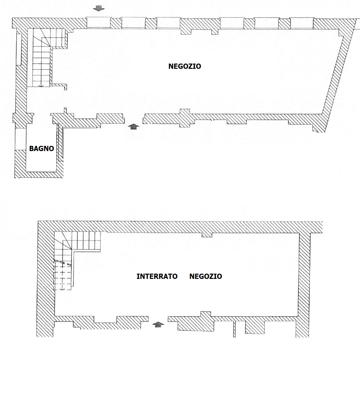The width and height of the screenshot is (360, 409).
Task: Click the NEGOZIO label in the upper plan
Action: click(185, 66)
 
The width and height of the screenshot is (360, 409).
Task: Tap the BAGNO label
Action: click(42, 148)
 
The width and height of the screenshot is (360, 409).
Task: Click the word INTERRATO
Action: click(157, 276)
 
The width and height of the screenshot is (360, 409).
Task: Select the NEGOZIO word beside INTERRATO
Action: click(206, 276)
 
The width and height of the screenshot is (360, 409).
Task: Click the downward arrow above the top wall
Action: click(99, 8)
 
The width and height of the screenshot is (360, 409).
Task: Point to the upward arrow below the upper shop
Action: click(133, 127)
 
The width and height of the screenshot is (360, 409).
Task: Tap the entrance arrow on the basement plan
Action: click(158, 324)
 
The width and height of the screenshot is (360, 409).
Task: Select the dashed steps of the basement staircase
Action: click(63, 275)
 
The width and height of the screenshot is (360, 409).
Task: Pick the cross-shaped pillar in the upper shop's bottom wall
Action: click(185, 118)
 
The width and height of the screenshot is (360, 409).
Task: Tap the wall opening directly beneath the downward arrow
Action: click(99, 23)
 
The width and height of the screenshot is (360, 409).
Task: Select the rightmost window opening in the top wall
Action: click(301, 23)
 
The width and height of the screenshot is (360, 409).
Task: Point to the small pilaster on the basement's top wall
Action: click(207, 235)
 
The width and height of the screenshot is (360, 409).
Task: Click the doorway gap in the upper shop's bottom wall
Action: click(134, 119)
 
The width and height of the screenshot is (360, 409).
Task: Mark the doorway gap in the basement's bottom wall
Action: click(158, 319)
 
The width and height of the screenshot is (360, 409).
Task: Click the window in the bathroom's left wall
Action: click(21, 139)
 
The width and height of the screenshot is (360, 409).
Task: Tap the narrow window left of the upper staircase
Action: click(19, 50)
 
